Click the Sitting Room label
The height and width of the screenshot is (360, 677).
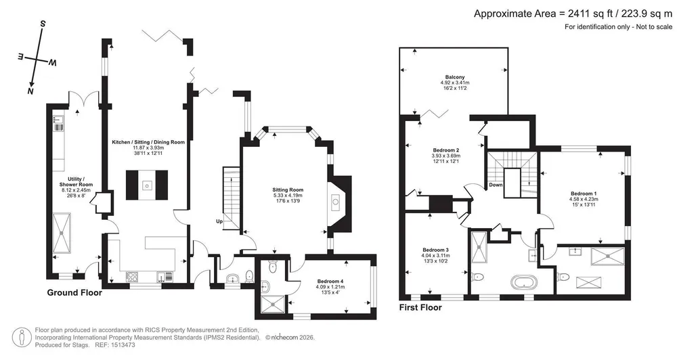pos(288,189)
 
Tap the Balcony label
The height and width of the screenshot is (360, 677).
pos(455,77)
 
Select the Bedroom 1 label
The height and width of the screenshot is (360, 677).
pos(584,194)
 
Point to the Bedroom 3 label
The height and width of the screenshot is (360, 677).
pos(435,250)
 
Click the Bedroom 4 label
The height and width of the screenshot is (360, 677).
pos(330,282)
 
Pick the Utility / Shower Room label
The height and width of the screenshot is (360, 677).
pos(77,182)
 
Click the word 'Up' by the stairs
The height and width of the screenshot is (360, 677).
pos(220,221)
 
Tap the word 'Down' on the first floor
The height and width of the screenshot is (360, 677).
pos(496,185)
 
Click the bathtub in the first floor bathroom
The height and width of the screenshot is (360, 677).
pos(524,283)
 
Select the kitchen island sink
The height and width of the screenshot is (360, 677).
pos(147,185)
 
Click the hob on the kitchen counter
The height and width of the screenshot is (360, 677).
pos(132,276)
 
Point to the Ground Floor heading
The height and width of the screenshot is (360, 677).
pos(74,292)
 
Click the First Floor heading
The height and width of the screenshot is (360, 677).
pos(420,308)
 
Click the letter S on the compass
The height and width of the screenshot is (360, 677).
pos(42,24)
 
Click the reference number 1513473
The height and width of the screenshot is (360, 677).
pos(123,345)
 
